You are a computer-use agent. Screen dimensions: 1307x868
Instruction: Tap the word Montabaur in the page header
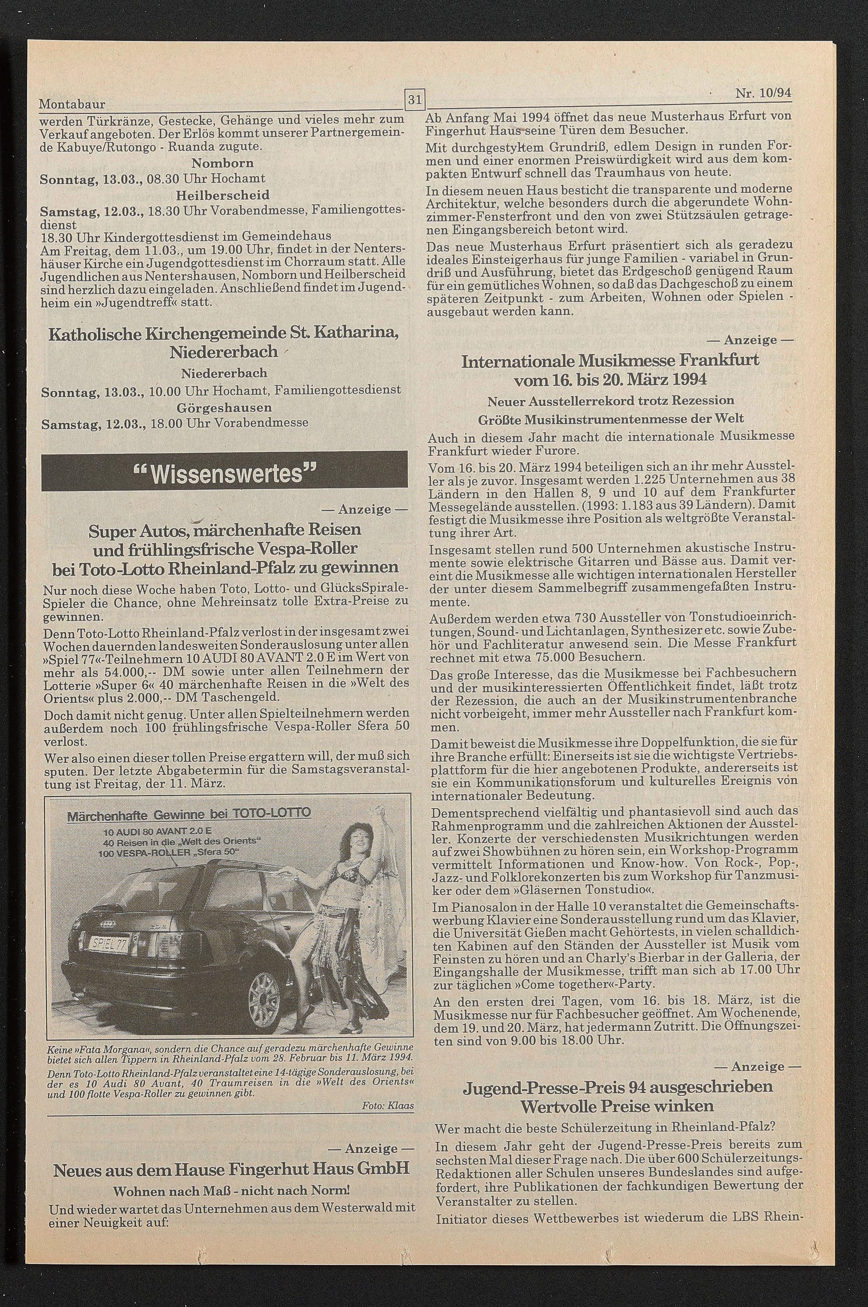72,104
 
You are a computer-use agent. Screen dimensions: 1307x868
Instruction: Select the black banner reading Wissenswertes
224,471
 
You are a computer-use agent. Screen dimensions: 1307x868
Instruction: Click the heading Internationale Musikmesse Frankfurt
610,361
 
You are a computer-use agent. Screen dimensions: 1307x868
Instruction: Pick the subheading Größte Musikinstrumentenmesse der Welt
611,418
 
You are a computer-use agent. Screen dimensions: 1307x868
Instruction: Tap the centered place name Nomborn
223,163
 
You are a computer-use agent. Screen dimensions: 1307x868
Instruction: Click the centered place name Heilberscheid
223,195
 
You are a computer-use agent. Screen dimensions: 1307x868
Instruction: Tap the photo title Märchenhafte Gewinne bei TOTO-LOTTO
189,813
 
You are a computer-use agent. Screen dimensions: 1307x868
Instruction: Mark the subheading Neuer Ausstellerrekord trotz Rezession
611,400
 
